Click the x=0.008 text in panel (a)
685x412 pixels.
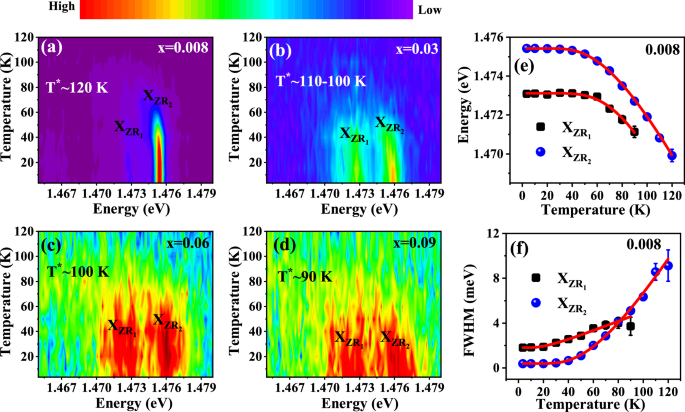[192, 47]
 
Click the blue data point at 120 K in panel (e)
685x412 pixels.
[672, 155]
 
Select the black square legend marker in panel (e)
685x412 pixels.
[541, 127]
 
